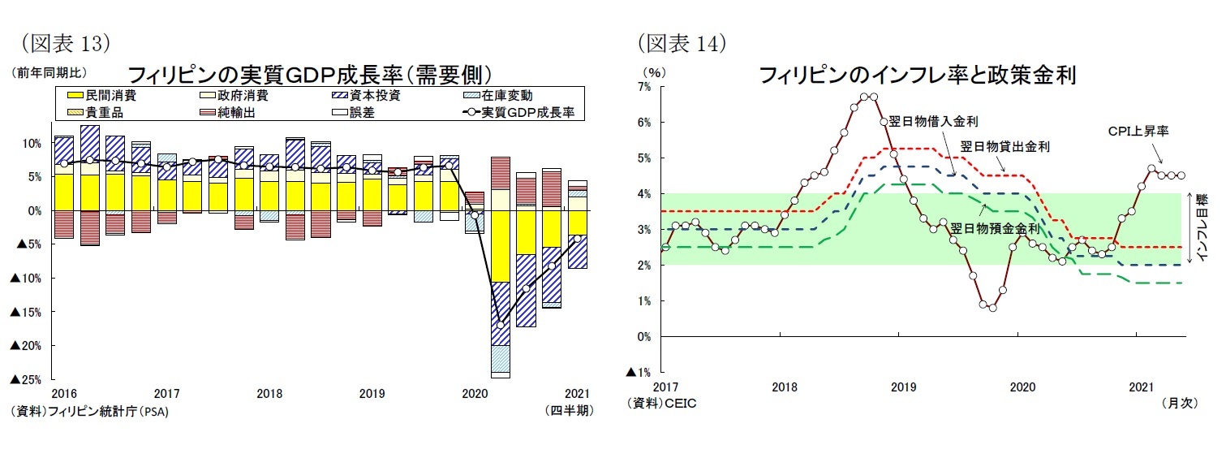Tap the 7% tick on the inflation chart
644,86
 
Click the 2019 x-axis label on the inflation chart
903,387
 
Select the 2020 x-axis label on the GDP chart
474,394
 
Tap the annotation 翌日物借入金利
932,122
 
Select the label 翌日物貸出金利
1004,147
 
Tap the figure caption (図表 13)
63,41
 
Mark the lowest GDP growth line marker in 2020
501,324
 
